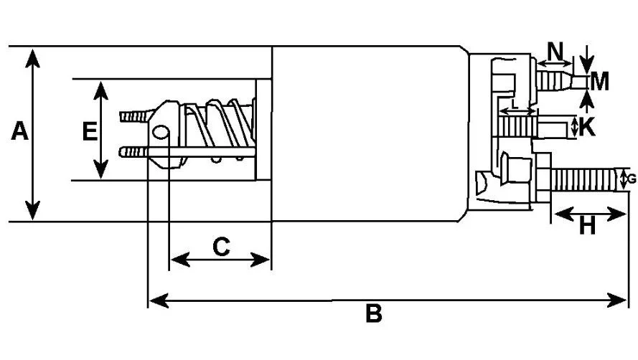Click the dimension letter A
coord(19,131)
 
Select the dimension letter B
coord(374,313)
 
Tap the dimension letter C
coord(221,247)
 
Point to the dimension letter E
coord(90,131)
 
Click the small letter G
coord(632,179)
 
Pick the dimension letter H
coord(587,226)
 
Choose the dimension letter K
coord(587,126)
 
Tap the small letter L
coord(515,103)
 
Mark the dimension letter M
coord(599,81)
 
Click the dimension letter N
coord(555,51)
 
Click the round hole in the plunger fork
coord(160,131)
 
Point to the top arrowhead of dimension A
coord(32,58)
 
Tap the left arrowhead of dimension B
coord(159,300)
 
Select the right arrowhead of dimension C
coord(260,259)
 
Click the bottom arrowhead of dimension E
coord(100,169)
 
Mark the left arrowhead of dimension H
coord(564,214)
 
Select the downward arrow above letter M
coord(586,59)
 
